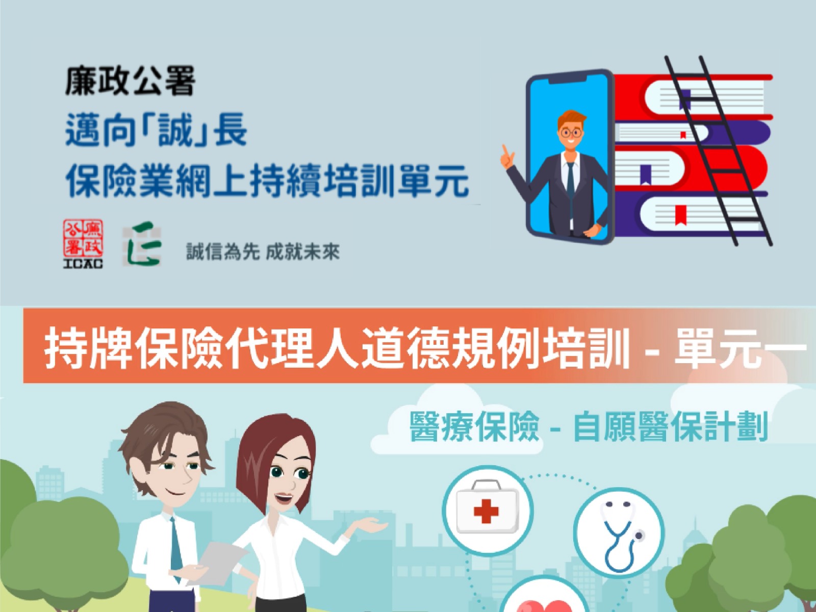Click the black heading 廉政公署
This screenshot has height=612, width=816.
[130, 81]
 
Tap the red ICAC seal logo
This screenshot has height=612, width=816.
[83, 243]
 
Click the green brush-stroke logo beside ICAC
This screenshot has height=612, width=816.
[142, 244]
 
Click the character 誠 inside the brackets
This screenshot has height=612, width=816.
[174, 131]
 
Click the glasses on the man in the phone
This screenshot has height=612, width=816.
[571, 133]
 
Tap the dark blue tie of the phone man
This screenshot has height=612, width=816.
[570, 182]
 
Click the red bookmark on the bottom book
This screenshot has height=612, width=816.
[680, 215]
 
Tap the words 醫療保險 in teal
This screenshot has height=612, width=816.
[474, 426]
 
